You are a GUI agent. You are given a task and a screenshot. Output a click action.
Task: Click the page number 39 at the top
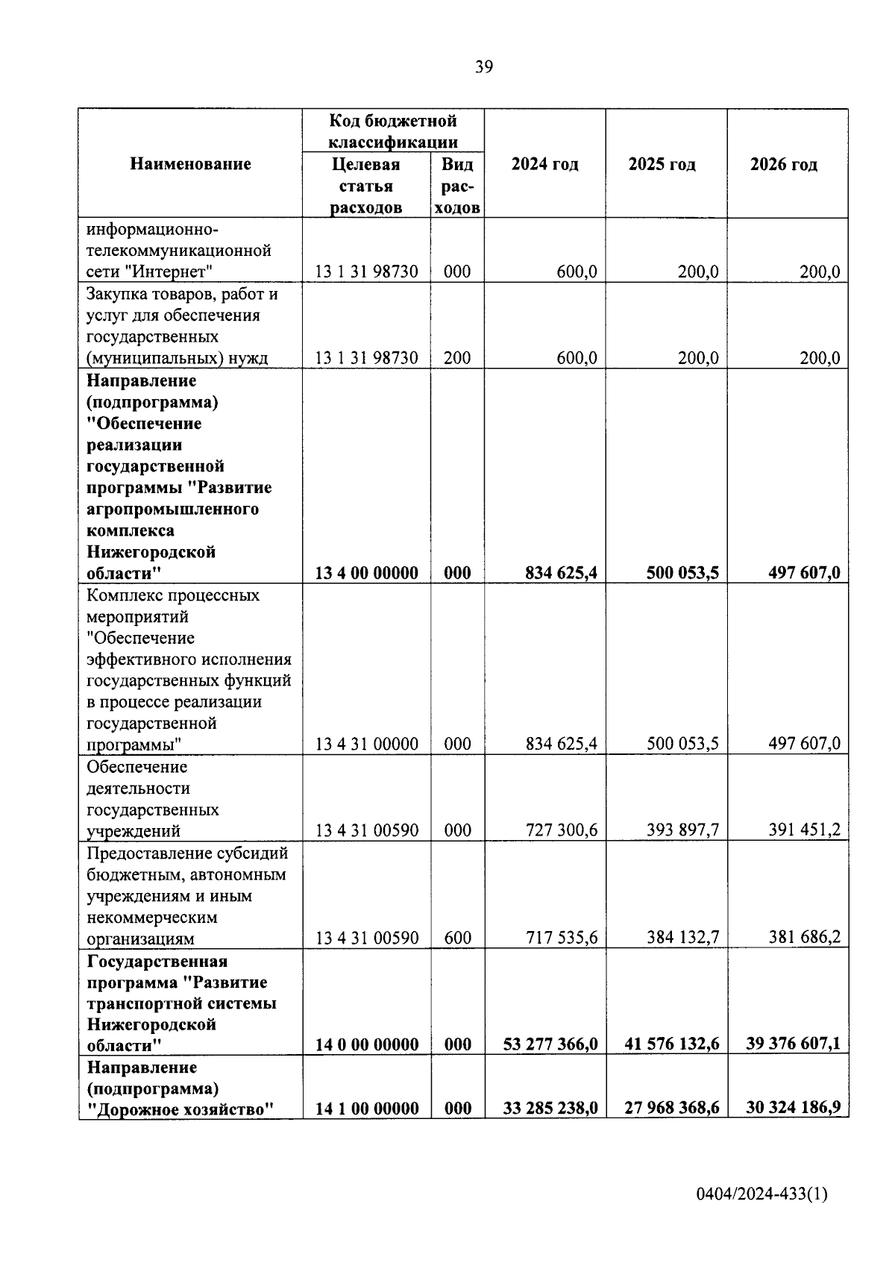coord(483,68)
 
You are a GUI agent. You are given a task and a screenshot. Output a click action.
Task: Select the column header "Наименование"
coord(190,164)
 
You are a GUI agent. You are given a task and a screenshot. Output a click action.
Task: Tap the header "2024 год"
coord(544,164)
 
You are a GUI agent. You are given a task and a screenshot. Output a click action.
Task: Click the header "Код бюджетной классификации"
coord(393,131)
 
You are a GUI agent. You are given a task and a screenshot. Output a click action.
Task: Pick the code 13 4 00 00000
coord(367,573)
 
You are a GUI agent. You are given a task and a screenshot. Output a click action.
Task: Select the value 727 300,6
coord(561,830)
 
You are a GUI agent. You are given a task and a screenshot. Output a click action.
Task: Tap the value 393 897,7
coord(682,830)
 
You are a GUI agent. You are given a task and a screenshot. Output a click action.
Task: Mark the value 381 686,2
coord(804,937)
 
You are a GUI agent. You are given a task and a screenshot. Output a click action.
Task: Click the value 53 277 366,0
coord(550,1044)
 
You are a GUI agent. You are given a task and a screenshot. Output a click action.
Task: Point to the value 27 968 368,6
coord(671,1109)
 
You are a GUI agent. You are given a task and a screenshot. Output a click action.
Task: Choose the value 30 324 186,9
coord(793,1109)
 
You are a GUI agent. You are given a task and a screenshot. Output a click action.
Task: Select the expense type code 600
coord(457,938)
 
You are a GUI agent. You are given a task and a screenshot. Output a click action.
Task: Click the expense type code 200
coord(457,358)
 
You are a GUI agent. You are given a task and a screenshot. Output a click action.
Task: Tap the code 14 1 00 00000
coord(367,1109)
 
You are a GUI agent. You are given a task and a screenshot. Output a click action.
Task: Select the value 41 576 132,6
coord(671,1044)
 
